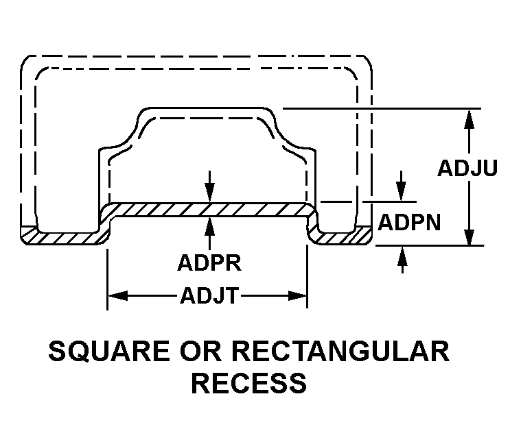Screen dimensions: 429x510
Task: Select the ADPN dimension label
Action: (x=409, y=223)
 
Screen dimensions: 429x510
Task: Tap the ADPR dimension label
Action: (x=209, y=263)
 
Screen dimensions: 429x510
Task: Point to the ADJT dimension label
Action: (x=209, y=296)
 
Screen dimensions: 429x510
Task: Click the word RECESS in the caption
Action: (x=248, y=383)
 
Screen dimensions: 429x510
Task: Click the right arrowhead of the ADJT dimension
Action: (x=297, y=296)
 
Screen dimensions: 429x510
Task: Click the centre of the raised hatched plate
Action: (x=210, y=210)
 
